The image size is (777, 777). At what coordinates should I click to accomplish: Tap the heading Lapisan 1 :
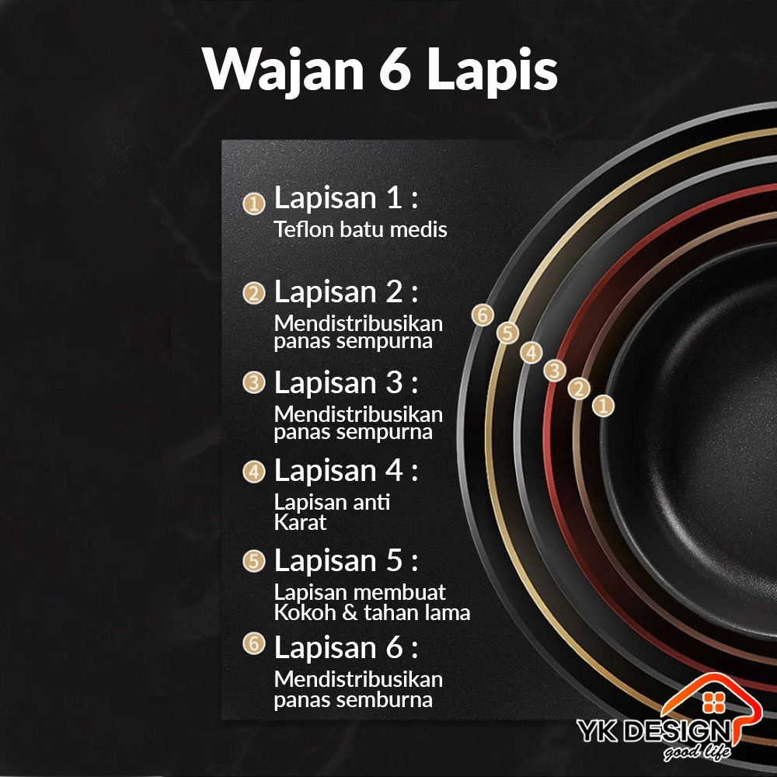tap(346, 199)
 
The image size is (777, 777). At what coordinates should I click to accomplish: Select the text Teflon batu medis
tap(361, 230)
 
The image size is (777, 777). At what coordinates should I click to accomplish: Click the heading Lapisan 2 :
tap(346, 292)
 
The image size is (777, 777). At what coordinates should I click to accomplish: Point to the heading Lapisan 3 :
tap(346, 382)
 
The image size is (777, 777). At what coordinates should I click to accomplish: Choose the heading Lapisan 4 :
tap(346, 470)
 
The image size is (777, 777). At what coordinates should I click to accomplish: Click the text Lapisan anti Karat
tap(332, 511)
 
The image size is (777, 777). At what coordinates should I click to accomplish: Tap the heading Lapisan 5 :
tap(346, 559)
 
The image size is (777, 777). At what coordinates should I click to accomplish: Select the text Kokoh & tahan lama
tap(372, 612)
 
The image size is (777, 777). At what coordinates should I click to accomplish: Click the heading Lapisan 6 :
tap(346, 646)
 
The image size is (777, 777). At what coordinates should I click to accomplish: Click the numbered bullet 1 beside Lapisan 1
tap(253, 204)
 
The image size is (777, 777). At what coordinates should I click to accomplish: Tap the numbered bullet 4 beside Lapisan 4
tap(253, 472)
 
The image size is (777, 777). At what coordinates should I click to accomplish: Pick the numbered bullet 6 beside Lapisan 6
tap(253, 644)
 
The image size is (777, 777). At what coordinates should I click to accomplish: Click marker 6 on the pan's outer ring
tap(483, 315)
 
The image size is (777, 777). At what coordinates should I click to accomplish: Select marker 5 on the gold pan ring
tap(507, 333)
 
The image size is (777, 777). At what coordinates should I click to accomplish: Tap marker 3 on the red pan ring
tap(553, 371)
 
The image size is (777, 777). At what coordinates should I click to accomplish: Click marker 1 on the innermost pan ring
tap(603, 404)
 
